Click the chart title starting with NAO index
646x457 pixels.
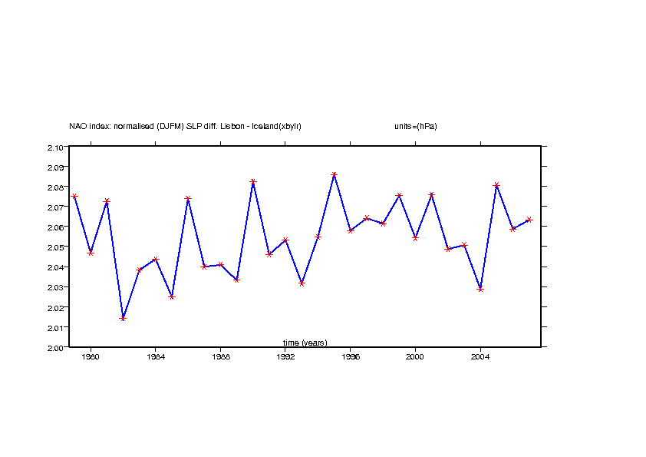[x=185, y=126]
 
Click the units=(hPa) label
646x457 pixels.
[x=410, y=126]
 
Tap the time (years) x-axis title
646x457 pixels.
[x=305, y=343]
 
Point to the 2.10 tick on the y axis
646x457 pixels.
[x=54, y=147]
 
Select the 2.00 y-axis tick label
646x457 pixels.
[x=54, y=347]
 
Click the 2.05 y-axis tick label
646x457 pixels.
[x=54, y=247]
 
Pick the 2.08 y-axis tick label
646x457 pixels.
[x=54, y=187]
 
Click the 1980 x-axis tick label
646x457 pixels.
[x=91, y=357]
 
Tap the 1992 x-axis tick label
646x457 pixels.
[x=285, y=357]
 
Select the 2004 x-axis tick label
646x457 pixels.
[x=480, y=357]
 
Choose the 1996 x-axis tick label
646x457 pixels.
[x=351, y=357]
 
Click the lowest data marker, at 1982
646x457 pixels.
[x=123, y=318]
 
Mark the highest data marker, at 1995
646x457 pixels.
[x=334, y=175]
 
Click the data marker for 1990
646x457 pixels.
[x=253, y=182]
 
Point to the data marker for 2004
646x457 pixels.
[x=480, y=289]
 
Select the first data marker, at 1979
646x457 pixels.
[x=74, y=197]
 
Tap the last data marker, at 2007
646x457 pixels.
[x=529, y=220]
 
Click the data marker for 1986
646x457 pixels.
[x=188, y=199]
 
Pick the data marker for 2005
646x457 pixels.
[x=496, y=185]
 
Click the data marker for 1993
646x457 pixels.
[x=302, y=283]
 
